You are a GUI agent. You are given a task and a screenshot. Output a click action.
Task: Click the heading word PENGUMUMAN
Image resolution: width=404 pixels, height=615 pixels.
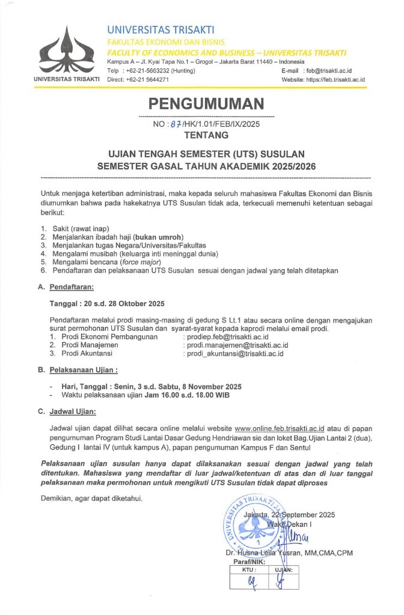(x=206, y=103)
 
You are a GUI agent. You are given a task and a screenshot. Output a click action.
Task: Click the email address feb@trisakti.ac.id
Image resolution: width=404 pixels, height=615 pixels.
(x=329, y=71)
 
